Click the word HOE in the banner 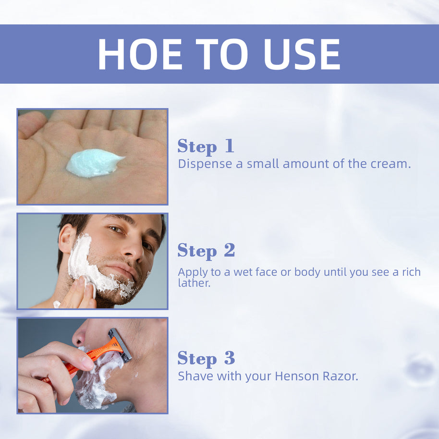[x=140, y=54]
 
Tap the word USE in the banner [x=302, y=54]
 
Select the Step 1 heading [x=206, y=146]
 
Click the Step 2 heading [x=206, y=251]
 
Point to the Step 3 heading [x=206, y=358]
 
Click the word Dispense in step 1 [x=205, y=164]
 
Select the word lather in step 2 [x=194, y=283]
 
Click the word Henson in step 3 [x=297, y=376]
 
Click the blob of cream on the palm [x=94, y=163]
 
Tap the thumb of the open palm [x=31, y=123]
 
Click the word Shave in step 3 [x=195, y=376]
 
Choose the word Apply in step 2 [x=193, y=273]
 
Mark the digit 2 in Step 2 [x=229, y=250]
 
